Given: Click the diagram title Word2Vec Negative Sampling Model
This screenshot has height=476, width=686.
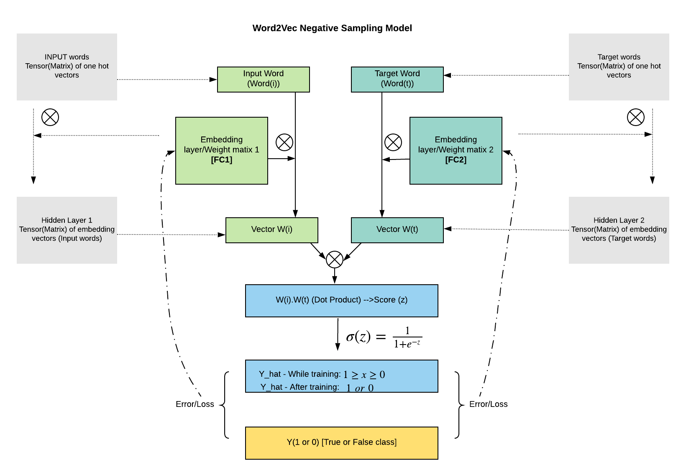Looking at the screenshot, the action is tap(332, 28).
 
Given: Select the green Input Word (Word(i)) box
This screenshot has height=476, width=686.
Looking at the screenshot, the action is tap(264, 80).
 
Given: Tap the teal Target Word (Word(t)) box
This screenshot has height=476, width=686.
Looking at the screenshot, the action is tap(397, 80).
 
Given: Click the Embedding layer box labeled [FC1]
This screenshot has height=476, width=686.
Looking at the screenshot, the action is tap(221, 150).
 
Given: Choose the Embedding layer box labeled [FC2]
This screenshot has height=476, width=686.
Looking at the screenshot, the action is tap(456, 150).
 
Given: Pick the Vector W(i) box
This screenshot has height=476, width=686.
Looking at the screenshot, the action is tap(271, 230).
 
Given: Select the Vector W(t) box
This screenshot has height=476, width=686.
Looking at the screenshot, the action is tap(397, 230).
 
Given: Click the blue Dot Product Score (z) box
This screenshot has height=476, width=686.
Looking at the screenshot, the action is tap(341, 301).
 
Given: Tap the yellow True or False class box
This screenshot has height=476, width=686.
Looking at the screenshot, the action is tap(341, 443).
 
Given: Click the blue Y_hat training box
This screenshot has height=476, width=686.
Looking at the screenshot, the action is tap(341, 376).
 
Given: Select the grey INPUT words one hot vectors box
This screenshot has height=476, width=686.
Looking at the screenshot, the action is tap(67, 67).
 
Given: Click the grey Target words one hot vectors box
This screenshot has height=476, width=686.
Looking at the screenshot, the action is tap(619, 67).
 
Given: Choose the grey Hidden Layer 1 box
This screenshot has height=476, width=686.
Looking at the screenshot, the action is tap(67, 230).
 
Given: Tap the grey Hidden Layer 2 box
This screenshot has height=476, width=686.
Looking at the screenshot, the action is tap(619, 230).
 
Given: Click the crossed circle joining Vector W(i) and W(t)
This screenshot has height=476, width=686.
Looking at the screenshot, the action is tap(335, 260).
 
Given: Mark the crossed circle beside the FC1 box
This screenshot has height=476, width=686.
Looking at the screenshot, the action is tap(284, 142).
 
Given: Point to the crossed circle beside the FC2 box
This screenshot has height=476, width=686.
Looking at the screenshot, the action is tap(393, 142).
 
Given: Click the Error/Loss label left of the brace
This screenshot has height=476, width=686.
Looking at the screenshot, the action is tap(195, 404).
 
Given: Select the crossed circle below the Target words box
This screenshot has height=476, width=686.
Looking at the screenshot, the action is tap(635, 117).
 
